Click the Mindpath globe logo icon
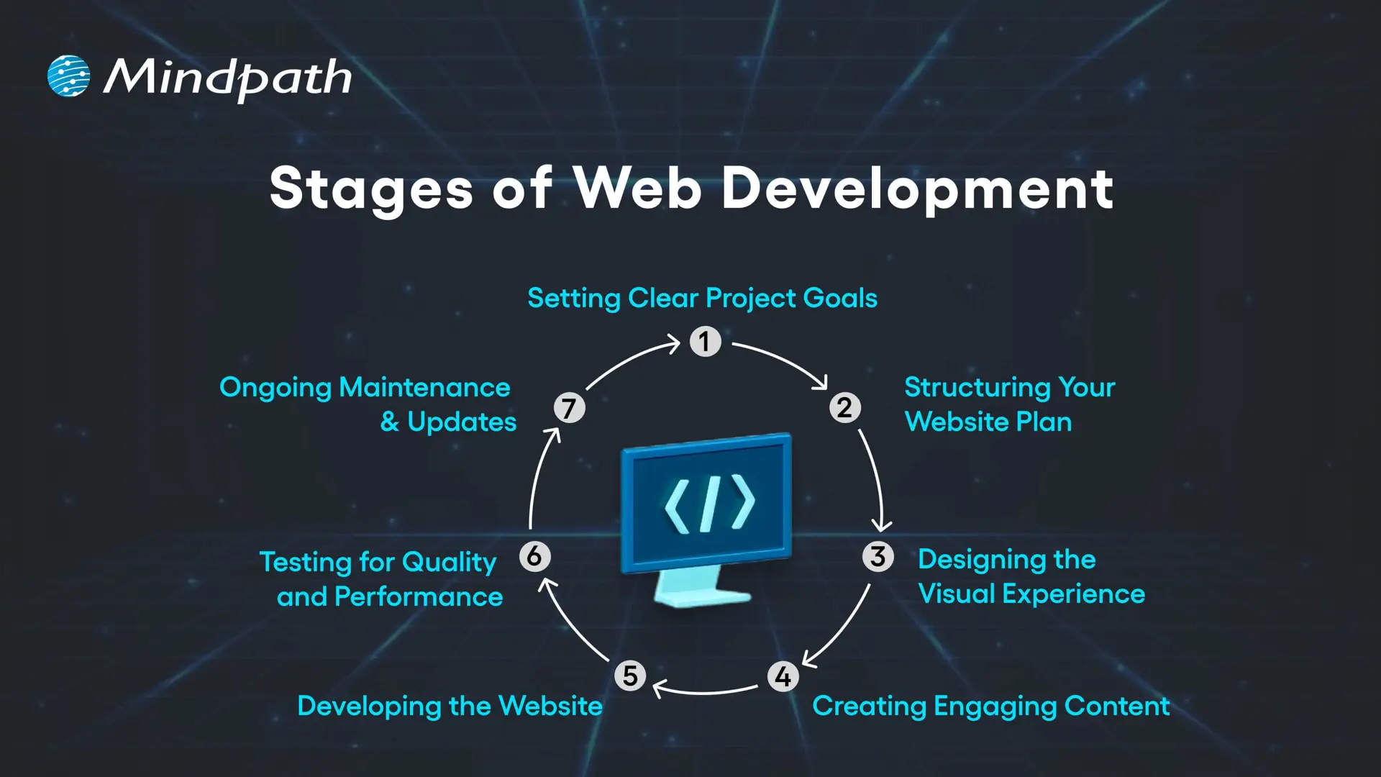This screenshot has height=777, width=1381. point(68,76)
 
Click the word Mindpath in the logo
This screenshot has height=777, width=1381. point(227,78)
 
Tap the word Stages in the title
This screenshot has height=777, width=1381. point(371,188)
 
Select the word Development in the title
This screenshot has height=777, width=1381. point(917,188)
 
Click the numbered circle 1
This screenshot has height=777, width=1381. point(705,341)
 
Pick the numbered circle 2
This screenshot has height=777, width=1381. point(844,408)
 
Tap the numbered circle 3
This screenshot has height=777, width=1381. point(878,556)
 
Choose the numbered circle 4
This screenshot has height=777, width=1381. point(783,676)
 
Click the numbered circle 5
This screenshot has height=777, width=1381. point(630,676)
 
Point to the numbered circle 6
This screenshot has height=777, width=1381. point(534,556)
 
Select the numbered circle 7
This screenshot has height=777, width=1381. point(569,408)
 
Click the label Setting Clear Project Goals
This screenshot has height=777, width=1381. point(702,298)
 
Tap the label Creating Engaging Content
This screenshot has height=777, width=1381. point(990,706)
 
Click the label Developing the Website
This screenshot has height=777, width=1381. point(450,706)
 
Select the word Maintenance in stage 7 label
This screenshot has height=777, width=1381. point(424,387)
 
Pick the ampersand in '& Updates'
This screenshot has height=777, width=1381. point(389,422)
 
